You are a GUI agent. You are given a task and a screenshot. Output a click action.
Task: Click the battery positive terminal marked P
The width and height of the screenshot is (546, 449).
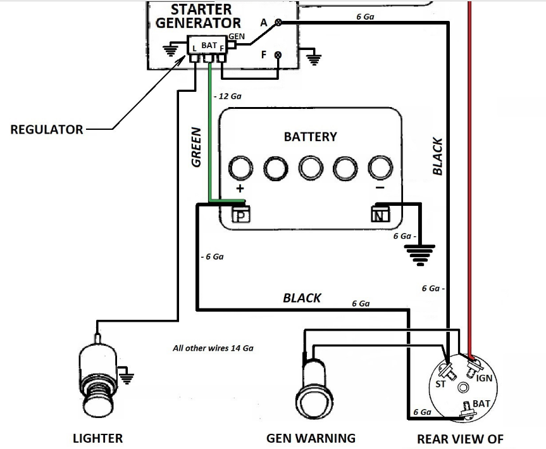240,215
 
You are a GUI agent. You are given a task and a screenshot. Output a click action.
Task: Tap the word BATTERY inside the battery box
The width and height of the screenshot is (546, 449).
310,136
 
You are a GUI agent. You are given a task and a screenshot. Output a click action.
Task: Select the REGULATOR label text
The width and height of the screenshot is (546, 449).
47,129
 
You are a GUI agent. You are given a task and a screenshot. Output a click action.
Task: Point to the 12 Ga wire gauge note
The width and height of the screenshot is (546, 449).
228,96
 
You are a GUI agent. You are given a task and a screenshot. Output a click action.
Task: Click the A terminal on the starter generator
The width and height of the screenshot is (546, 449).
277,23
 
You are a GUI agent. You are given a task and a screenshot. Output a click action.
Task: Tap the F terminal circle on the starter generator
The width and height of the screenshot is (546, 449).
277,55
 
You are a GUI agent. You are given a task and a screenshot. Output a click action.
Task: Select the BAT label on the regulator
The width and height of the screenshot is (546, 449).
209,46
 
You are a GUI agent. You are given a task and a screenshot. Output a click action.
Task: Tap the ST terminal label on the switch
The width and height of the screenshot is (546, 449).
440,384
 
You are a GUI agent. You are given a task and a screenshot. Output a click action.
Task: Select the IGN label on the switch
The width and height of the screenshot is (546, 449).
485,378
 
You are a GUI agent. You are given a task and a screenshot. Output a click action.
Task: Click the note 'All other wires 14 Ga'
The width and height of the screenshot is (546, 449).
213,348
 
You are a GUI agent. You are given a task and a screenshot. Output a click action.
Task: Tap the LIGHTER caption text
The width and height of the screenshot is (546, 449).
98,438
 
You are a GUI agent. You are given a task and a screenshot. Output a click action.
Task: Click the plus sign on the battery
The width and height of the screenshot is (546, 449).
240,189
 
